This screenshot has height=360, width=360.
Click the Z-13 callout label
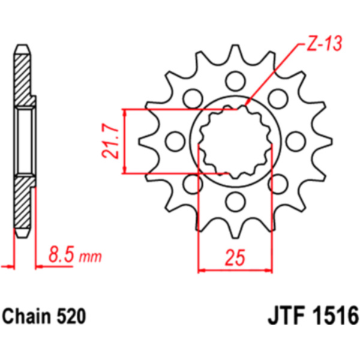coord(325,43)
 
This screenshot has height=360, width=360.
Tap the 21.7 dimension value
coord(110,141)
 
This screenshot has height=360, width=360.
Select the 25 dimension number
coord(235,257)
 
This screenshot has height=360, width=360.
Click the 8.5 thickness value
coord(61,254)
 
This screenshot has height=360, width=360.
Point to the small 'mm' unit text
coord(90,257)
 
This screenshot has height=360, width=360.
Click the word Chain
coord(26,316)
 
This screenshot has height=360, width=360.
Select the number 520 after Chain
coord(71,316)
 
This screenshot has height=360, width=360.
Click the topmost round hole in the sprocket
coord(235,81)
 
